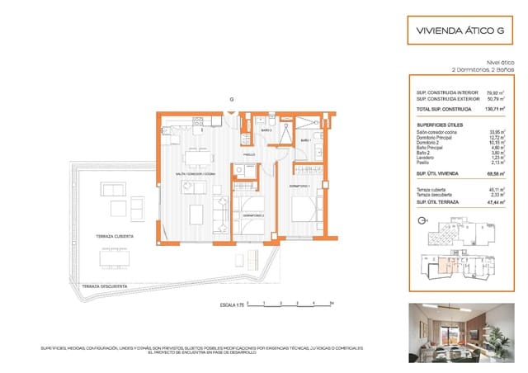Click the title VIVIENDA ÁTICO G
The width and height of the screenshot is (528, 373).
(457, 31)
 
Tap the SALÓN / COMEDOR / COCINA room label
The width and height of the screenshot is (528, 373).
(196, 175)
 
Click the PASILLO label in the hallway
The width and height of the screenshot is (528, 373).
(248, 154)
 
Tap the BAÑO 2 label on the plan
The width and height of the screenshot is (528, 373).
(266, 131)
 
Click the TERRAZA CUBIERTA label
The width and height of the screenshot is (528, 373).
(114, 236)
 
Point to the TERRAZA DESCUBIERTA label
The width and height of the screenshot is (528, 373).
(104, 286)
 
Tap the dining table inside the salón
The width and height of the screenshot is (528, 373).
(196, 155)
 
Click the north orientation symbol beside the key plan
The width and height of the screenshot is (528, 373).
(423, 221)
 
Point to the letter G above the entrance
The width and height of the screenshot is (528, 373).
(232, 99)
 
